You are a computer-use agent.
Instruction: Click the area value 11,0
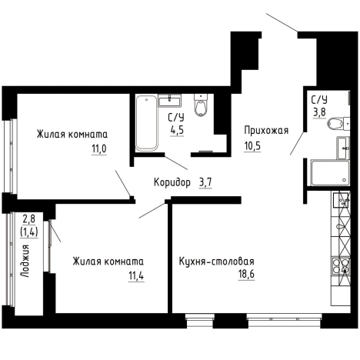pos(99,148)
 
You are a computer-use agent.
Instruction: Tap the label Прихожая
pos(266,131)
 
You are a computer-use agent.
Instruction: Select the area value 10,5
pos(252,146)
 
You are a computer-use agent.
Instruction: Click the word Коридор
pos(172,183)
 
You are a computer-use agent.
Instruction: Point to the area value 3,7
pos(205,183)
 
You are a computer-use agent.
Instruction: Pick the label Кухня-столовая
pos(217,262)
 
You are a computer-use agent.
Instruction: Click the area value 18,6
pos(246,275)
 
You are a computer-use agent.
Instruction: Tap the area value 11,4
pos(136,276)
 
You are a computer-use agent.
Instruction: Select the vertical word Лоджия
pos(25,261)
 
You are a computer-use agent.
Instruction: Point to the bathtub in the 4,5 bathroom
pos(146,123)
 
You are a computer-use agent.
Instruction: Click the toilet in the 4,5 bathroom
pos(201,105)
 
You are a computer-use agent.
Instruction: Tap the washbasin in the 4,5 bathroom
pos(169,100)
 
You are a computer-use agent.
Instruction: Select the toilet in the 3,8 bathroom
pos(338,124)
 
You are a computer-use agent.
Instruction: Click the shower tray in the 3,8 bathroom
pos(330,172)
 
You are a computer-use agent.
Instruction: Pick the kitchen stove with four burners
pos(341,266)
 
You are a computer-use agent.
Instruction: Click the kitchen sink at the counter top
pos(341,200)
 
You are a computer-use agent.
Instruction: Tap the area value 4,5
pos(177,130)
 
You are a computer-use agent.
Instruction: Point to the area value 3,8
pos(319,112)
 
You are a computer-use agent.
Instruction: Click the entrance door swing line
pos(282,22)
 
